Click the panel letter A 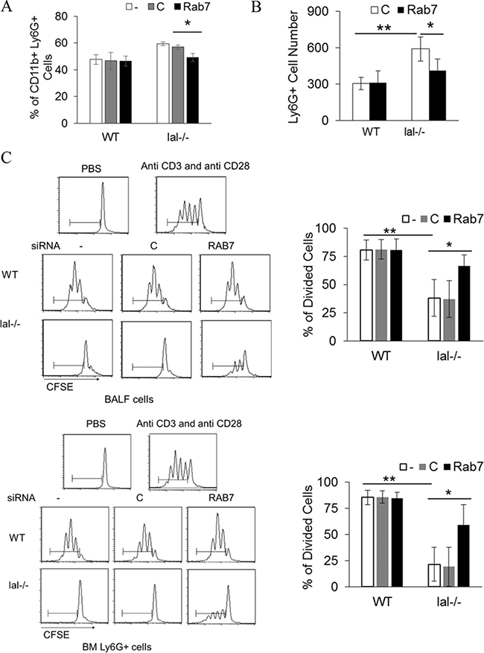[6, 7]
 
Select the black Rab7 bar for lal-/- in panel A [192, 90]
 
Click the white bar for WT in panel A [96, 91]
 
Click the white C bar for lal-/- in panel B [421, 85]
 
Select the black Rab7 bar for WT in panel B [378, 101]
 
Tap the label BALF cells [129, 399]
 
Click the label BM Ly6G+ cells [117, 647]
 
